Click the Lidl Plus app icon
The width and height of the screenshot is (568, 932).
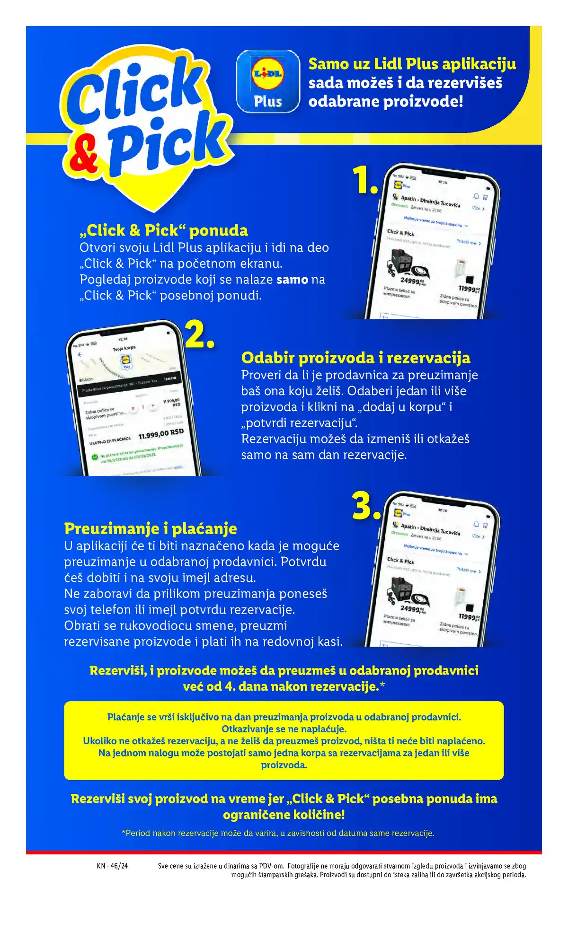coord(268,81)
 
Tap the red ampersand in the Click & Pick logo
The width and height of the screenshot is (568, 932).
coord(84,155)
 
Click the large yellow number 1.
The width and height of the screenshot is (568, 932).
coord(365,180)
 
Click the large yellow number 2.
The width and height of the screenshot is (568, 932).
coord(200,334)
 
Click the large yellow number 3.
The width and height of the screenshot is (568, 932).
coord(366,506)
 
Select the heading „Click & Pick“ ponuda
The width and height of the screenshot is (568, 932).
coord(164,230)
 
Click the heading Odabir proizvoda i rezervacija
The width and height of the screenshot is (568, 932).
coord(355,358)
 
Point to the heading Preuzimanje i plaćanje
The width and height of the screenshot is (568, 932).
coord(151,528)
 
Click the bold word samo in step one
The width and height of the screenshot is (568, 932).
coord(292,280)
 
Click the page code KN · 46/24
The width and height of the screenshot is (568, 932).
coord(112,866)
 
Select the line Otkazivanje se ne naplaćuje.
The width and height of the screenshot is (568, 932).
coord(284,729)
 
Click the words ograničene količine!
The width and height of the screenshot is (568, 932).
coord(284,815)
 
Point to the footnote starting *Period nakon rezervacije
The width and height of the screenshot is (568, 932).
coord(278,833)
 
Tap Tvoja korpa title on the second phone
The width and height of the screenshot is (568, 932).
coord(124,348)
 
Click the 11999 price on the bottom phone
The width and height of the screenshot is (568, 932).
coord(469,617)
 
